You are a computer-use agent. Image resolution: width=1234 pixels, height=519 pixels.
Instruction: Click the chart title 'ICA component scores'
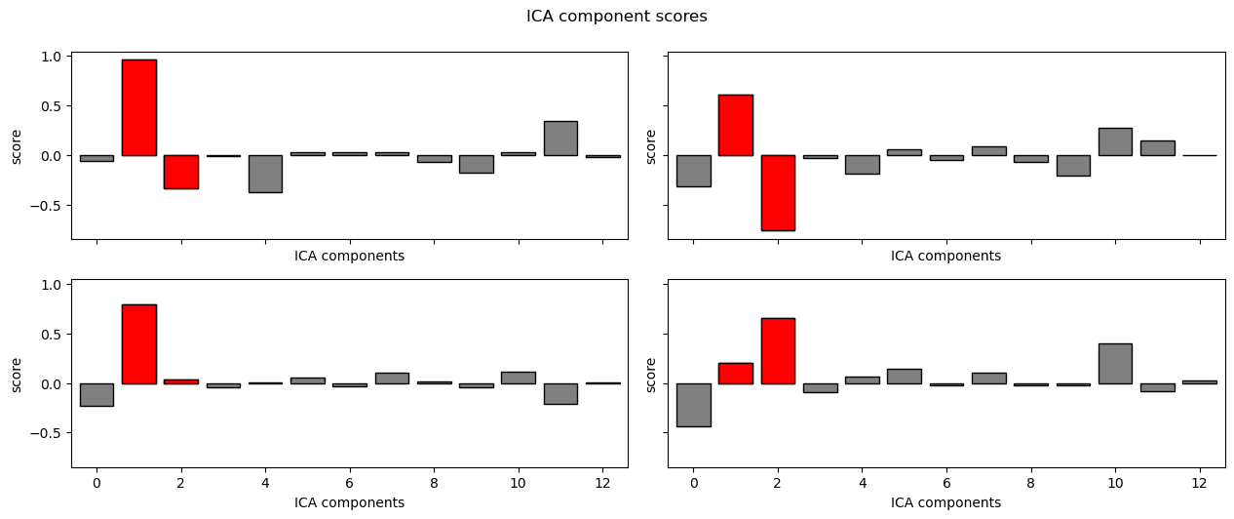(x=616, y=17)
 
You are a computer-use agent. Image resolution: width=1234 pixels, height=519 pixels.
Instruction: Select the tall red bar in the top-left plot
(x=138, y=107)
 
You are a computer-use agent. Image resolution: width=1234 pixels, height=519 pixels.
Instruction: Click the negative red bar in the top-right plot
(x=778, y=192)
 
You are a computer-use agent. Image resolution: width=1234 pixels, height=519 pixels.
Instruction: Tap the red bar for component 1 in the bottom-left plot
(x=138, y=343)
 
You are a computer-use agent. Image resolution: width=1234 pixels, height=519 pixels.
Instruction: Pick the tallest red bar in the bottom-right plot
(x=778, y=350)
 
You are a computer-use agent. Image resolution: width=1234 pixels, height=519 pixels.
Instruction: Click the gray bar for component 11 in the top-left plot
(x=560, y=139)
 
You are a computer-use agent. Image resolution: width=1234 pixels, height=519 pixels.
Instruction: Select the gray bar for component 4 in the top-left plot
(x=265, y=174)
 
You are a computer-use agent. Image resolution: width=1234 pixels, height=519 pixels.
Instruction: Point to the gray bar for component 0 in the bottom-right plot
(x=693, y=405)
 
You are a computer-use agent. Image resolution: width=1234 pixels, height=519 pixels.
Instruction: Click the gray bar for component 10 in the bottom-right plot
(x=1115, y=363)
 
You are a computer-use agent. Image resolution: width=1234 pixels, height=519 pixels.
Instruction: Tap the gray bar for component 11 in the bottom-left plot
(x=560, y=393)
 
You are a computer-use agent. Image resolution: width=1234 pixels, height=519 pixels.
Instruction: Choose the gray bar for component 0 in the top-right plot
(x=693, y=171)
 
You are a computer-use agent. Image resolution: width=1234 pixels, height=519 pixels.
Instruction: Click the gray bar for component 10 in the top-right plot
(x=1115, y=141)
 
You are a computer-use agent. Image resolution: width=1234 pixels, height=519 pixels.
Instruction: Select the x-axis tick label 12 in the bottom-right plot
(x=1199, y=482)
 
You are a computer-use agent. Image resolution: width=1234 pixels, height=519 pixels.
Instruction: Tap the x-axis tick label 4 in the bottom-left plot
(x=265, y=482)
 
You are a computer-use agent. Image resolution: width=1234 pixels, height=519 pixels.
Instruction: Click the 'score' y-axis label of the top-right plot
(x=651, y=145)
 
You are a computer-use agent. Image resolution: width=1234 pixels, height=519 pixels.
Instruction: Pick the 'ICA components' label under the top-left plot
(x=349, y=256)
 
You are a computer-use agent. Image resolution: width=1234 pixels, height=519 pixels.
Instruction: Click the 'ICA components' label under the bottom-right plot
(x=945, y=502)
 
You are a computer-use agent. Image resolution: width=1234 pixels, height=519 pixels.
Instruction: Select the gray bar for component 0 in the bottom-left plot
(x=96, y=394)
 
